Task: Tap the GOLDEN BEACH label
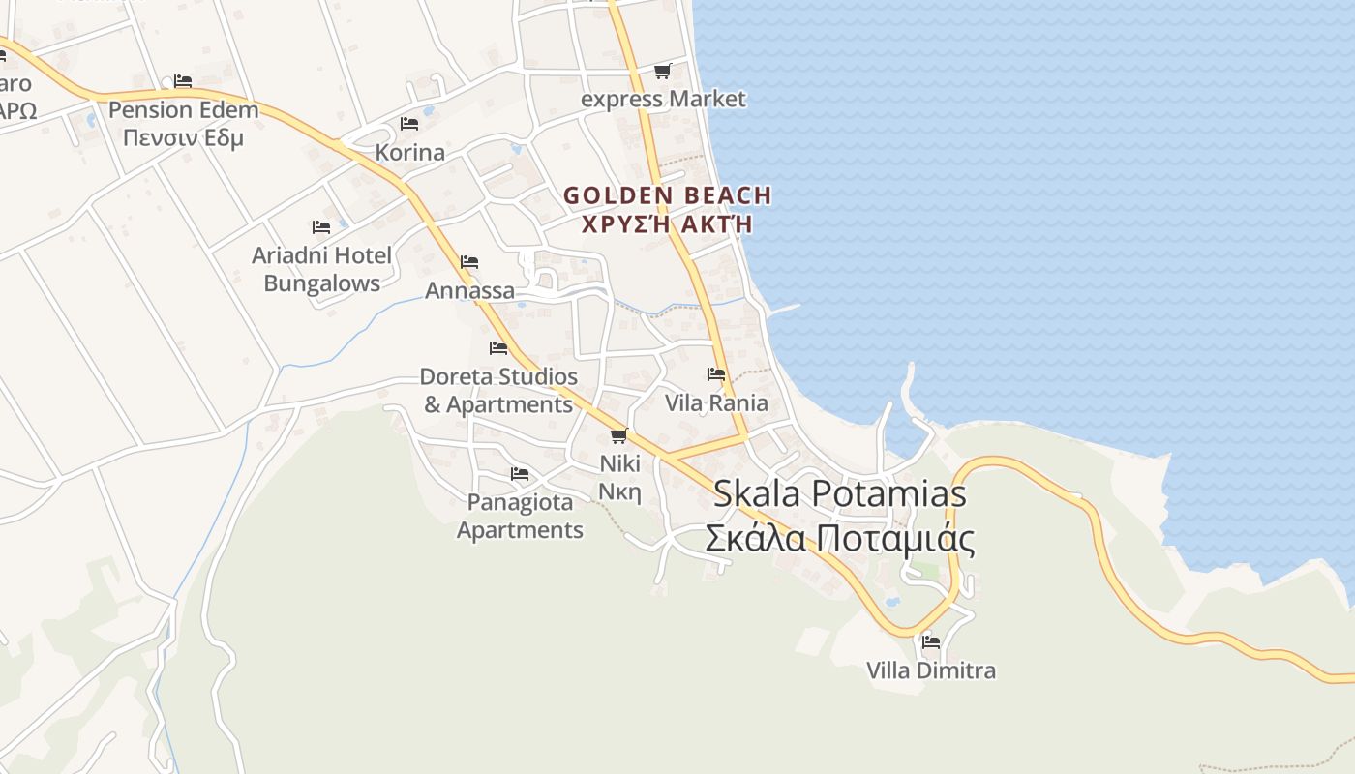click(668, 209)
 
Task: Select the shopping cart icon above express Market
click(662, 71)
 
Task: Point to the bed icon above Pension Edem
click(183, 81)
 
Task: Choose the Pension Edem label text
click(183, 123)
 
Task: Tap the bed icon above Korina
click(409, 124)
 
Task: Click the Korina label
click(409, 152)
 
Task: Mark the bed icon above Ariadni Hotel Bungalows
click(321, 227)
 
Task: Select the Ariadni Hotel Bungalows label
click(321, 269)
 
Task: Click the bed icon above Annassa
click(469, 262)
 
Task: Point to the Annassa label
click(469, 290)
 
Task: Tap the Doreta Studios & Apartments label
click(498, 390)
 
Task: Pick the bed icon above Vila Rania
click(716, 374)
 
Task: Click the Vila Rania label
click(716, 402)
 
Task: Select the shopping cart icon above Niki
click(619, 435)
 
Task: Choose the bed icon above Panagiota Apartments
click(520, 474)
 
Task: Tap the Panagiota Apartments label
click(520, 516)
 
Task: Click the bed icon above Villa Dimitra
click(931, 641)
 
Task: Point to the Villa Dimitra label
click(931, 670)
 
